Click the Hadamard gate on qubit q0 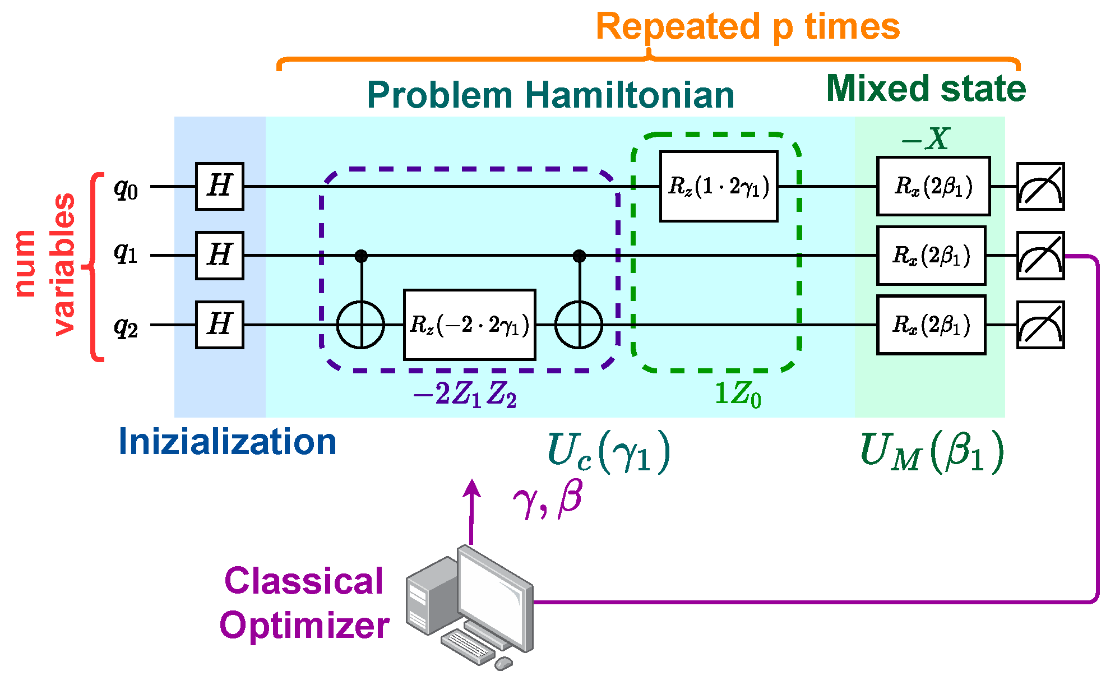(219, 186)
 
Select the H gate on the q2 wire (219, 325)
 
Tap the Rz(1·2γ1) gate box (718, 186)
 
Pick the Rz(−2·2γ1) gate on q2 (469, 325)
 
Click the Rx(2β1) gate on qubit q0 (933, 186)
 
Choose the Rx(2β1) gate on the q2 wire (931, 325)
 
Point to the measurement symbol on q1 (1040, 256)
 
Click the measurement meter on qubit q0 (1040, 186)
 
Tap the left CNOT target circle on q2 (360, 325)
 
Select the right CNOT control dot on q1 (579, 256)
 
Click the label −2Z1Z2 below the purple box (464, 395)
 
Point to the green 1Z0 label (737, 395)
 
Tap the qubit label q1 (126, 254)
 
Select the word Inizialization (227, 442)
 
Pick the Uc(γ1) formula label (608, 452)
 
